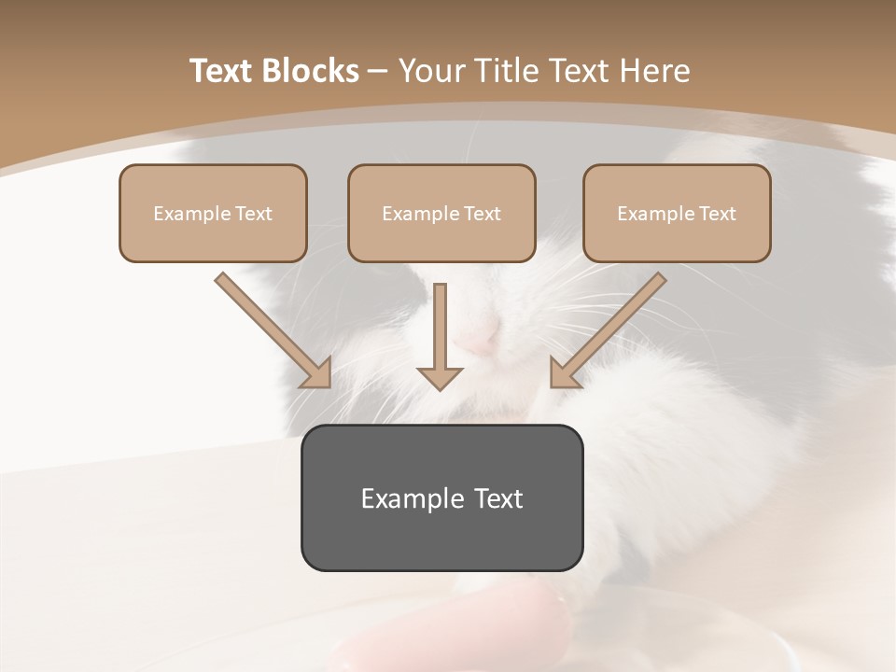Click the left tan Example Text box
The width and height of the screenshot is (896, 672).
click(213, 213)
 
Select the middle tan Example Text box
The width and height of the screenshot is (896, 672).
click(441, 213)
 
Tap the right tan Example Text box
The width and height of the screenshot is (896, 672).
click(677, 213)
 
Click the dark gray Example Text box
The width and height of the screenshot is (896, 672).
click(441, 497)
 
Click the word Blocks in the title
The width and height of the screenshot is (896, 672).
click(312, 71)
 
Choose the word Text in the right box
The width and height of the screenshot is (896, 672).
click(717, 214)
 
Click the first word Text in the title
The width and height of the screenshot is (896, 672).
click(223, 71)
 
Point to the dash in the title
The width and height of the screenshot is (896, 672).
click(378, 72)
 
